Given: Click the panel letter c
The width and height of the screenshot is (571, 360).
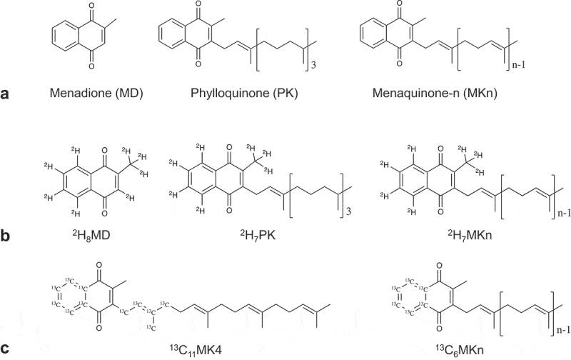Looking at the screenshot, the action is tap(6, 349).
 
